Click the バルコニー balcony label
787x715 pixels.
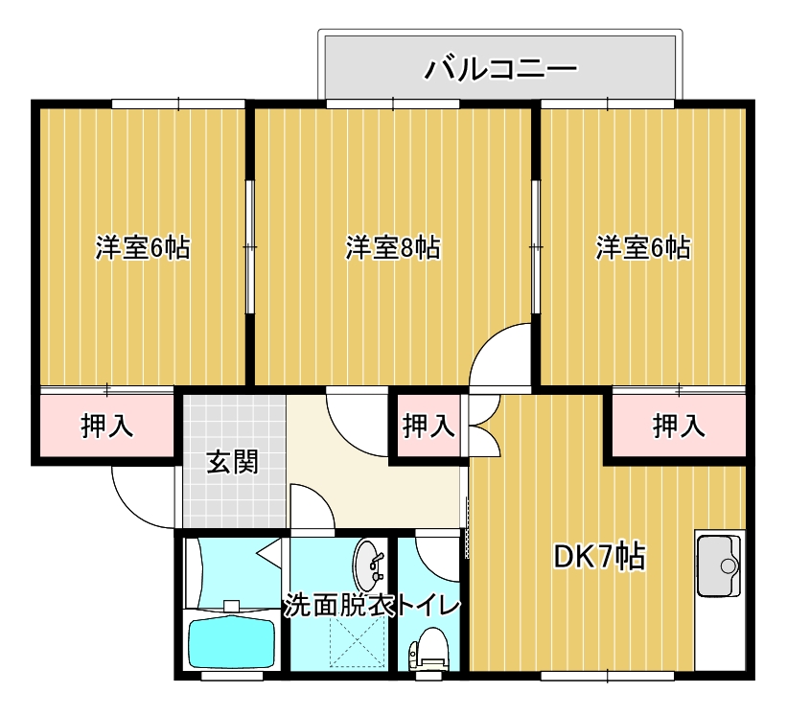pos(501,69)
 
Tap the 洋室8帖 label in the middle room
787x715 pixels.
pos(393,248)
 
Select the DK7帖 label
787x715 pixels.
pos(599,556)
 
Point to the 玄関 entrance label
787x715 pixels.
pos(233,462)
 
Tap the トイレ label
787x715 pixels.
pos(428,605)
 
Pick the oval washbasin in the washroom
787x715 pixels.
pos(369,565)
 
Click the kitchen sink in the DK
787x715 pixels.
pos(719,566)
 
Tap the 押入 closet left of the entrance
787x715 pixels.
pos(107,426)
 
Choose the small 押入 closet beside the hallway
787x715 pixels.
pos(428,426)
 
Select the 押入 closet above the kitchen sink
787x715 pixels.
pos(678,426)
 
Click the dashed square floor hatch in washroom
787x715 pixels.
pos(357,641)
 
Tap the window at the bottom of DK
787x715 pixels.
pos(608,677)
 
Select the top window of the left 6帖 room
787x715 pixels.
pos(178,104)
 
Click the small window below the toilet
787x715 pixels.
pos(428,677)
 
